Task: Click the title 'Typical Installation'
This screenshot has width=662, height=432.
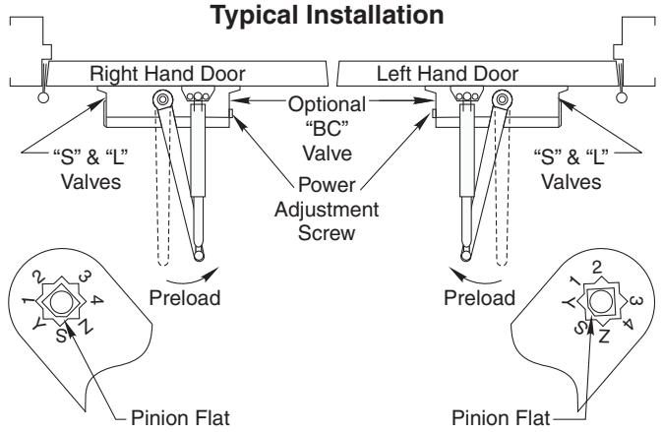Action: coord(328,16)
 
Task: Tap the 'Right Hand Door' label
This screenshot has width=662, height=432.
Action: coord(167,74)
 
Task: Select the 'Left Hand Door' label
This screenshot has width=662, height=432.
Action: coord(448,74)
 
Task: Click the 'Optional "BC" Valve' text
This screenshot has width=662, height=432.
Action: coord(328,129)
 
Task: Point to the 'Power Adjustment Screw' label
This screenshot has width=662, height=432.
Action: coord(327,209)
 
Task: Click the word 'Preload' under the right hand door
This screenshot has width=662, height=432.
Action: coord(185,298)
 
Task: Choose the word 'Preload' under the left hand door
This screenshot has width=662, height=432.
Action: coord(479,298)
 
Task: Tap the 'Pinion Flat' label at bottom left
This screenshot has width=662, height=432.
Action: coord(180,418)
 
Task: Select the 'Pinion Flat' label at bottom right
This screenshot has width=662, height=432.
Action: coord(501,418)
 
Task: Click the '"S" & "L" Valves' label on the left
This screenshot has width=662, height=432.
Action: coord(90,169)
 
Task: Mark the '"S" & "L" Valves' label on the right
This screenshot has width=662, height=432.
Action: coord(571,169)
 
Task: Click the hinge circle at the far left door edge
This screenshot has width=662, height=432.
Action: coord(43,98)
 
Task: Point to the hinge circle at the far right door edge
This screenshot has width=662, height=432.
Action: coord(621,98)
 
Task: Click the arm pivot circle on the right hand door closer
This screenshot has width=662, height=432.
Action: coord(162,99)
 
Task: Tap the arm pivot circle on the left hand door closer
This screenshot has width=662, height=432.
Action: coord(502,99)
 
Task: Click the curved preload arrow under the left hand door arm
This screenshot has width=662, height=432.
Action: coord(475,278)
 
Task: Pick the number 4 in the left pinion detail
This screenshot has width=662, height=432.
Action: coord(96,300)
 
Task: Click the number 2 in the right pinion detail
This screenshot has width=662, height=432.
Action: coord(596,268)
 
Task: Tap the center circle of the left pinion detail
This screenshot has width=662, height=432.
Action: coord(61,302)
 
